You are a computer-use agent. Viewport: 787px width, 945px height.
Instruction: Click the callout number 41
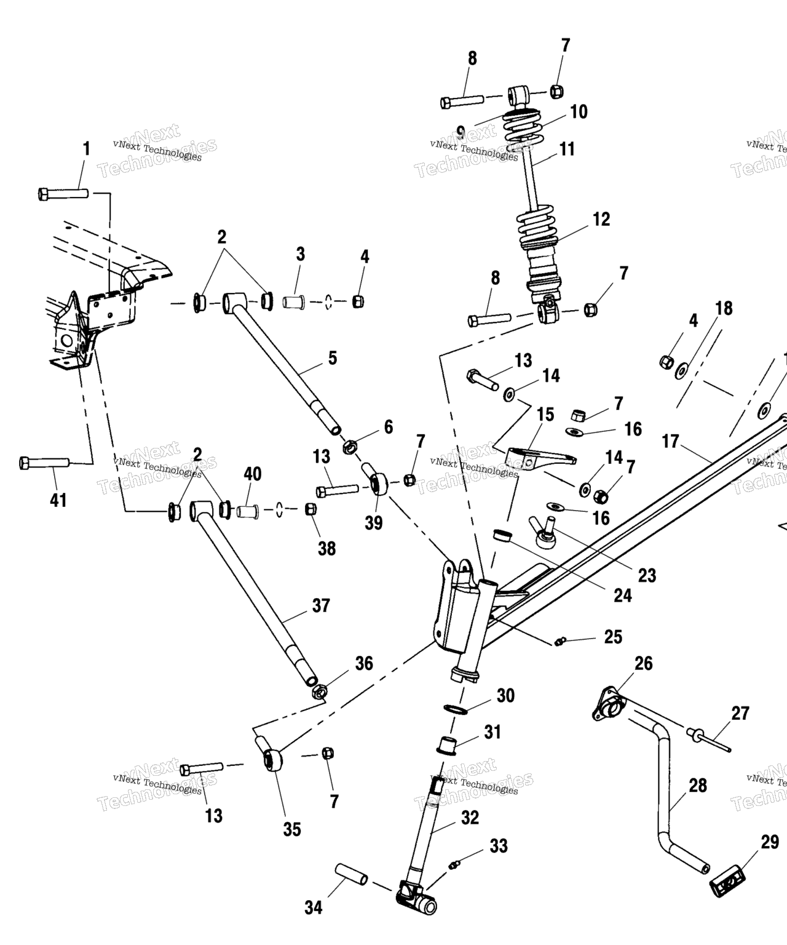click(x=58, y=500)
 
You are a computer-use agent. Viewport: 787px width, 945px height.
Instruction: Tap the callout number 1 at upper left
click(x=86, y=149)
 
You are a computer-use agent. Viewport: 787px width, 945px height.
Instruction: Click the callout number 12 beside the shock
click(x=601, y=219)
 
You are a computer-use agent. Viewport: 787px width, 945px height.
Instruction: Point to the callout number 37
click(x=321, y=605)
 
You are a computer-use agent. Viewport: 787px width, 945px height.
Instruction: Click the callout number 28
click(x=698, y=786)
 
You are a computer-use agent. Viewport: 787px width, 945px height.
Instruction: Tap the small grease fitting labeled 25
click(x=558, y=642)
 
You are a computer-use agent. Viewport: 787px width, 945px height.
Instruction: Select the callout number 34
click(x=314, y=907)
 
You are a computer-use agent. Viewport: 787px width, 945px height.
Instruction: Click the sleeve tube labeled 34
click(x=351, y=874)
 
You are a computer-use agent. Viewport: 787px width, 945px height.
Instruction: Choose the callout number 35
click(x=292, y=829)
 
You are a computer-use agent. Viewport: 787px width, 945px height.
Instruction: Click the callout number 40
click(x=253, y=474)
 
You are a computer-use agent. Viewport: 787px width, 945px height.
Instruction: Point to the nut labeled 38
click(x=311, y=509)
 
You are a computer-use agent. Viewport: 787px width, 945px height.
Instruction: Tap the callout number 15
click(x=546, y=414)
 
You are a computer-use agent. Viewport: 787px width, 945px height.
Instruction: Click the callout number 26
click(x=644, y=663)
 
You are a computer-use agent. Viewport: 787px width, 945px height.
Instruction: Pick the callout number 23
click(x=647, y=575)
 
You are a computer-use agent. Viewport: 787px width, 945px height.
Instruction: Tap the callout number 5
click(x=333, y=357)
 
